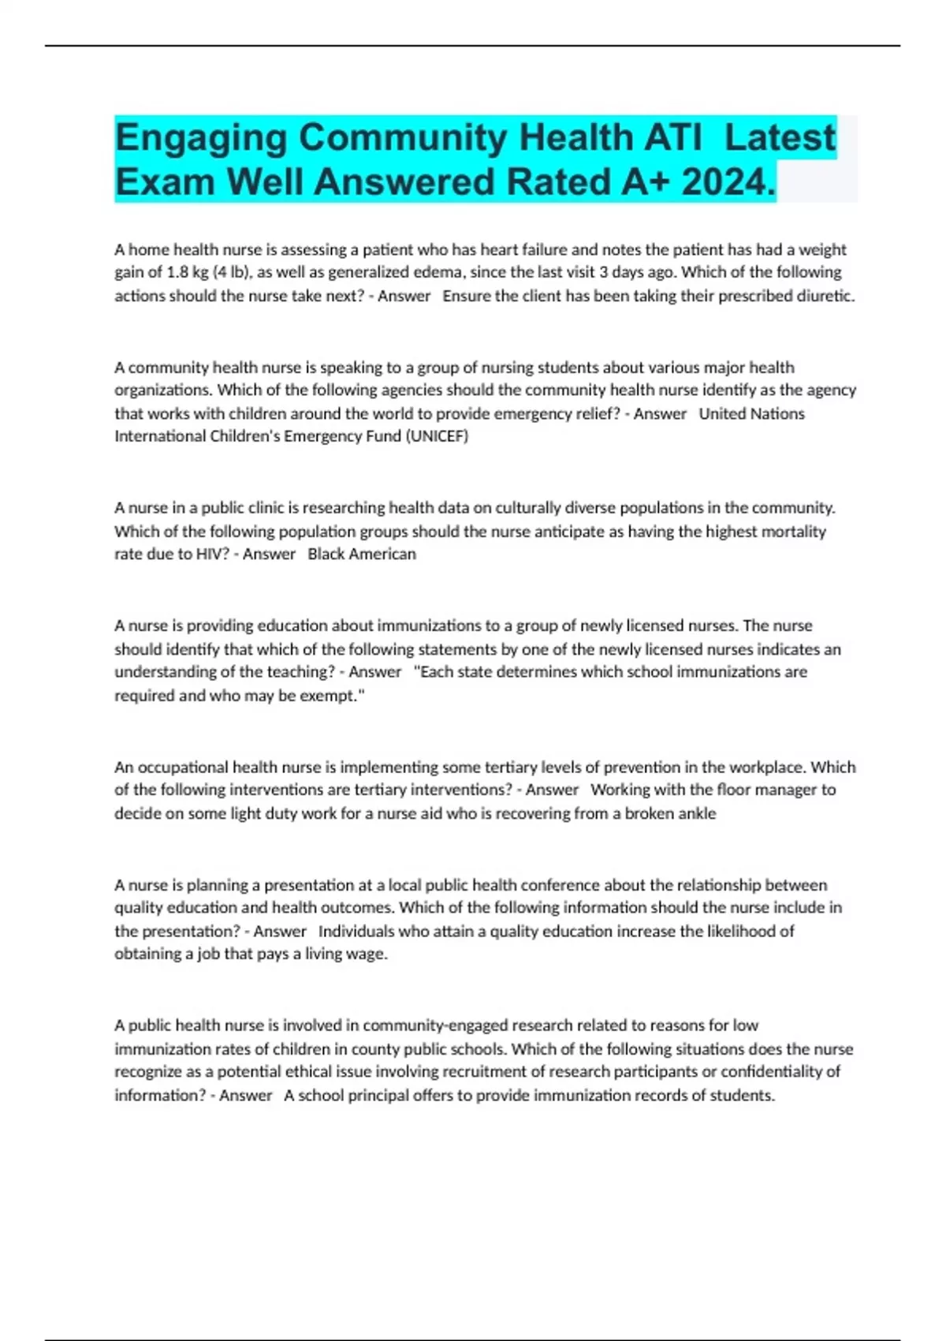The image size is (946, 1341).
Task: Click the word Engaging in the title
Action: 201,138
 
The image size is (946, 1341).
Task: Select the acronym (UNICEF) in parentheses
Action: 437,436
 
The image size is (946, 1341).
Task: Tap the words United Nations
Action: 751,413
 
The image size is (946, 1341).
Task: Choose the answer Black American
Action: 362,555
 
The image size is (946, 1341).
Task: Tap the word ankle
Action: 695,813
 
